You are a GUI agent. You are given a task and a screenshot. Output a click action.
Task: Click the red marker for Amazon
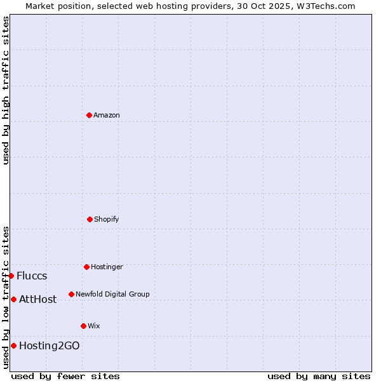(x=89, y=115)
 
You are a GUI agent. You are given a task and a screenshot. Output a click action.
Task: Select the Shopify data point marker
(x=90, y=219)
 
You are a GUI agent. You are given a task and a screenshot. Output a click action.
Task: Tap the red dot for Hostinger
(x=86, y=267)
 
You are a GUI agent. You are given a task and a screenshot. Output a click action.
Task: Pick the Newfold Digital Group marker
(x=71, y=294)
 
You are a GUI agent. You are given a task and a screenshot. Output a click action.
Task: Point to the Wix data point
(x=83, y=326)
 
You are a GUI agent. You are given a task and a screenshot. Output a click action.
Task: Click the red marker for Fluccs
(x=11, y=276)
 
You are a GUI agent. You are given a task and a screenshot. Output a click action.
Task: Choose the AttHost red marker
(x=13, y=299)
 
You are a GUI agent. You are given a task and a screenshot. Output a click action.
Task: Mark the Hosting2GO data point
(x=13, y=345)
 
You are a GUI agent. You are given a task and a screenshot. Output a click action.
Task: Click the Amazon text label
(x=107, y=115)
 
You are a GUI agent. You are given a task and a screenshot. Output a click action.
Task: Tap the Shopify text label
(x=107, y=219)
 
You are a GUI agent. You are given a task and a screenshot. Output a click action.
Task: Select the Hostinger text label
(x=107, y=267)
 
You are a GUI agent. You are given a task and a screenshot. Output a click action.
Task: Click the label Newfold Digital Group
(x=112, y=294)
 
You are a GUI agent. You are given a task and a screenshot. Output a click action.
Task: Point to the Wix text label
(x=94, y=326)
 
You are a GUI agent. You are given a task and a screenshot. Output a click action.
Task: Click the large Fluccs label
(x=32, y=276)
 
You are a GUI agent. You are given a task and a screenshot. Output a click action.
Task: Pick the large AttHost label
(x=38, y=299)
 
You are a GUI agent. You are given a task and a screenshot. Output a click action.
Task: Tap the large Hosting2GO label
(x=50, y=345)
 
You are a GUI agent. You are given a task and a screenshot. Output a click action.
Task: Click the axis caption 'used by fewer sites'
(x=65, y=376)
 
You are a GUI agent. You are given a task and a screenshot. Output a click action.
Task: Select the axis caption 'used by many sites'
(x=319, y=376)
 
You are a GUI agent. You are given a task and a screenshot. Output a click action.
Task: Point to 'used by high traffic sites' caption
(x=6, y=90)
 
